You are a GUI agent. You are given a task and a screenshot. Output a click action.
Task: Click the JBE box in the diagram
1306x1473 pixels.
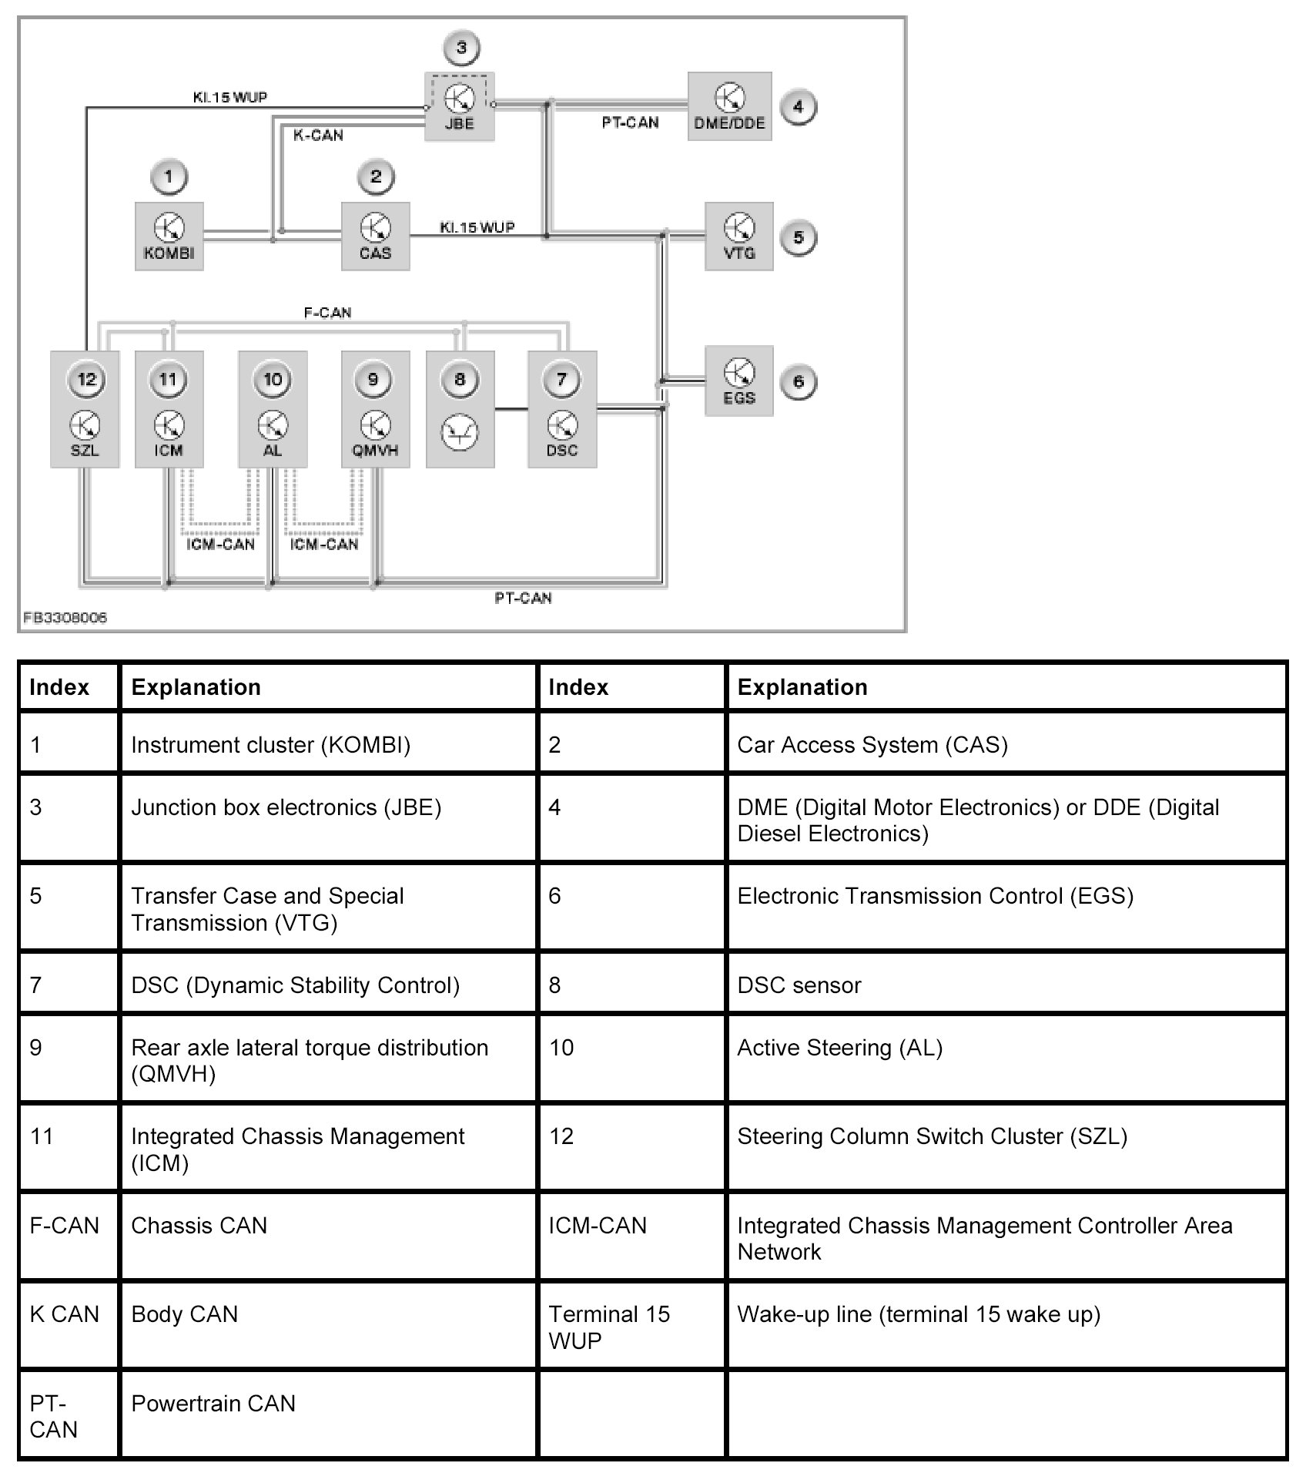(459, 107)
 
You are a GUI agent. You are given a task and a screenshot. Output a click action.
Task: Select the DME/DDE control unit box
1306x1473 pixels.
(728, 107)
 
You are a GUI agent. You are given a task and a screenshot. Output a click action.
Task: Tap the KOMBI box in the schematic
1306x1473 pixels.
(169, 237)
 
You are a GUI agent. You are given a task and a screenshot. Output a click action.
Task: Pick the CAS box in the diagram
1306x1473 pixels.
(375, 237)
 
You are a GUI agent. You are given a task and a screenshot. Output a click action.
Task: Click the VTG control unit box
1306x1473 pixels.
(738, 237)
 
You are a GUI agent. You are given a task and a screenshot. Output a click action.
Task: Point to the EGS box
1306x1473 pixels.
(738, 381)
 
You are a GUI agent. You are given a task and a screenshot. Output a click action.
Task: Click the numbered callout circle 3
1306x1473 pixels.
(460, 48)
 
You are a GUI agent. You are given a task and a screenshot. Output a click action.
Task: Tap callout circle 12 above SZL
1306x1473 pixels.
(86, 379)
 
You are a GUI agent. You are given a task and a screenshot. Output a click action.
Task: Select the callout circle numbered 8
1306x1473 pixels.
(460, 379)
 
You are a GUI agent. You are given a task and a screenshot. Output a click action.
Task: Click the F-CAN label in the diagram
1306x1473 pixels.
(327, 313)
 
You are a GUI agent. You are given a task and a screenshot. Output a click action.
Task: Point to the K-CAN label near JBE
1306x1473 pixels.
(318, 136)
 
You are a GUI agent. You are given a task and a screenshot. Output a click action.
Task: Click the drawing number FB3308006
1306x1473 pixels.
(65, 617)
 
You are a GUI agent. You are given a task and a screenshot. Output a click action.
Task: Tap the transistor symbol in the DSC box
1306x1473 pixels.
(561, 425)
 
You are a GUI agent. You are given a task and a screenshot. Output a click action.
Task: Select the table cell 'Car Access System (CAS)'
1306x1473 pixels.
(872, 745)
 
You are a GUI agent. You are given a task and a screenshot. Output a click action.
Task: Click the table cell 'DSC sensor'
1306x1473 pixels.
(799, 985)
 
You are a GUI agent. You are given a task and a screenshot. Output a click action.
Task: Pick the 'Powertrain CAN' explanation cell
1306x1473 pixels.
(213, 1404)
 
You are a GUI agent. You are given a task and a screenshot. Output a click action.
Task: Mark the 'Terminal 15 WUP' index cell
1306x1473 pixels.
(608, 1327)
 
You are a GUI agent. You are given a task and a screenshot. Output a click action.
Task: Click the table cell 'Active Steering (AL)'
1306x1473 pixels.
(839, 1048)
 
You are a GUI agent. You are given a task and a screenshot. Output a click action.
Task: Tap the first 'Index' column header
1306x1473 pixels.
(59, 687)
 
